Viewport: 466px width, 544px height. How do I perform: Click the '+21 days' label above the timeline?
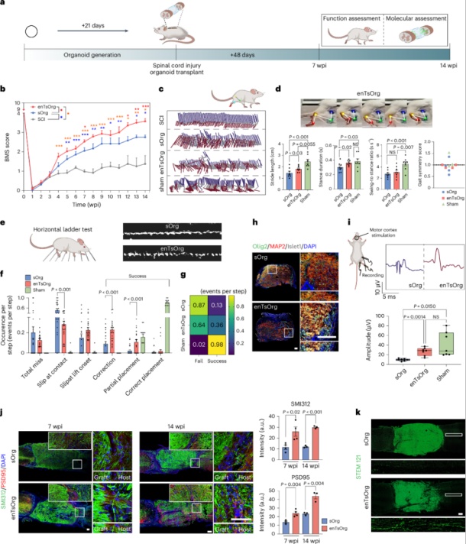(93, 25)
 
